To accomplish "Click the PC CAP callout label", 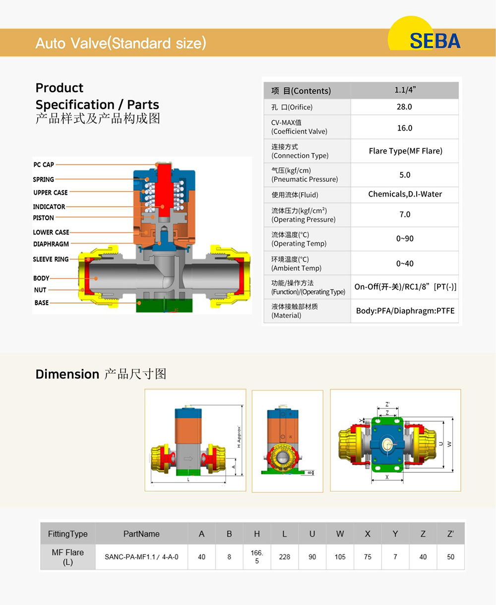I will coord(44,164).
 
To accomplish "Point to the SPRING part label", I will coord(44,179).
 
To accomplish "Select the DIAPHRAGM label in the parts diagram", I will coord(51,244).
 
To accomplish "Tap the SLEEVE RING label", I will coord(51,259).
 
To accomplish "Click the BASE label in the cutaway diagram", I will coord(42,302).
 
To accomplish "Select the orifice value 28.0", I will coord(404,107).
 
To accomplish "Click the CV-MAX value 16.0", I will coord(404,128).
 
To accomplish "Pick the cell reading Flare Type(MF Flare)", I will coord(405,151).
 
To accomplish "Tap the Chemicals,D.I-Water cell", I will coord(405,194).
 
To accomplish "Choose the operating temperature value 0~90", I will coord(405,239).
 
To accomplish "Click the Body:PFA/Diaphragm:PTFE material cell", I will coord(405,311).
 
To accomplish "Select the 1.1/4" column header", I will coord(405,90).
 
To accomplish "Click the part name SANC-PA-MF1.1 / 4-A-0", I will coord(141,557).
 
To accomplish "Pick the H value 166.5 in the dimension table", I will coord(256,557).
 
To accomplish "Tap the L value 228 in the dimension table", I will coord(284,557).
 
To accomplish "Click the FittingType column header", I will coord(67,534).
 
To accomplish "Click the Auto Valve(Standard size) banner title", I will coord(121,43).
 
